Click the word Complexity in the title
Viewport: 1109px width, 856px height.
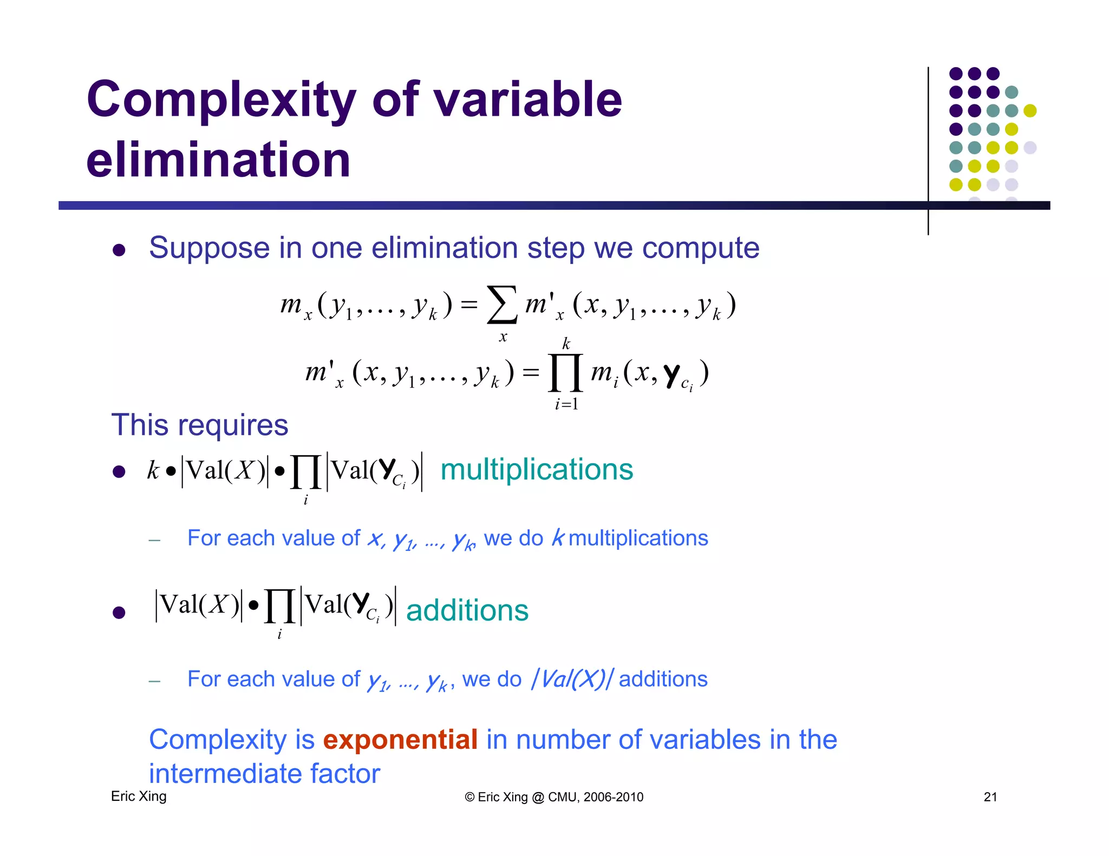click(x=220, y=100)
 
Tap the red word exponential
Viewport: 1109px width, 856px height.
click(x=400, y=740)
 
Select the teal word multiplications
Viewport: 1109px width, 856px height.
click(x=537, y=469)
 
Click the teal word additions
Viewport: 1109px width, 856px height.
click(x=467, y=610)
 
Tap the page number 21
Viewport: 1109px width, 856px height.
click(x=990, y=796)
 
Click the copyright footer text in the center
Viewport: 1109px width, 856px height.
click(x=554, y=797)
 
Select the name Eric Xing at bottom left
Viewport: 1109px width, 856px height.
click(x=139, y=796)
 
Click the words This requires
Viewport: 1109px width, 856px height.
click(x=199, y=425)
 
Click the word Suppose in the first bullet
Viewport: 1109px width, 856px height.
click(x=209, y=248)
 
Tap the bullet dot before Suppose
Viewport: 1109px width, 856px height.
click(x=119, y=250)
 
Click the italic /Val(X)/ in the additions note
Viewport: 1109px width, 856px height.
click(x=573, y=679)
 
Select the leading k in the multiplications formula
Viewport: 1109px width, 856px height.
click(x=153, y=470)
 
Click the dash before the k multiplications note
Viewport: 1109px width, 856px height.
click(x=154, y=540)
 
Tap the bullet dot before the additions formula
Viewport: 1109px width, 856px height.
click(x=119, y=613)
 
